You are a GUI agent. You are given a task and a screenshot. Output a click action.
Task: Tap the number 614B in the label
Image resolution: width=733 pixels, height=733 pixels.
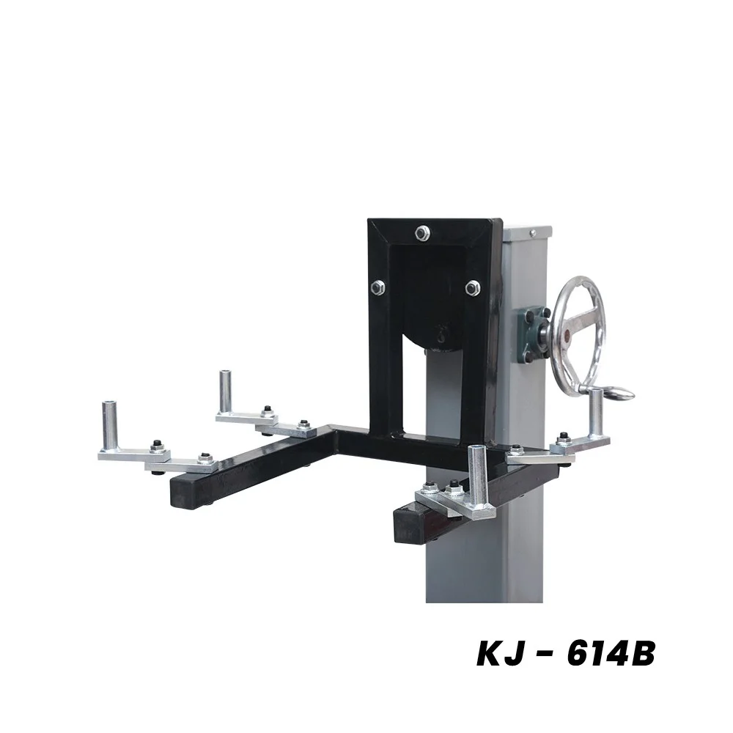(608, 654)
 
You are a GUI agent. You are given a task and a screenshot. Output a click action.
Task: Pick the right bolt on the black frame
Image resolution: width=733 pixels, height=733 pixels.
(472, 287)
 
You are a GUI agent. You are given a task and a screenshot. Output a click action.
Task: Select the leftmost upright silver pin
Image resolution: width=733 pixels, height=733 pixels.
(111, 425)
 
